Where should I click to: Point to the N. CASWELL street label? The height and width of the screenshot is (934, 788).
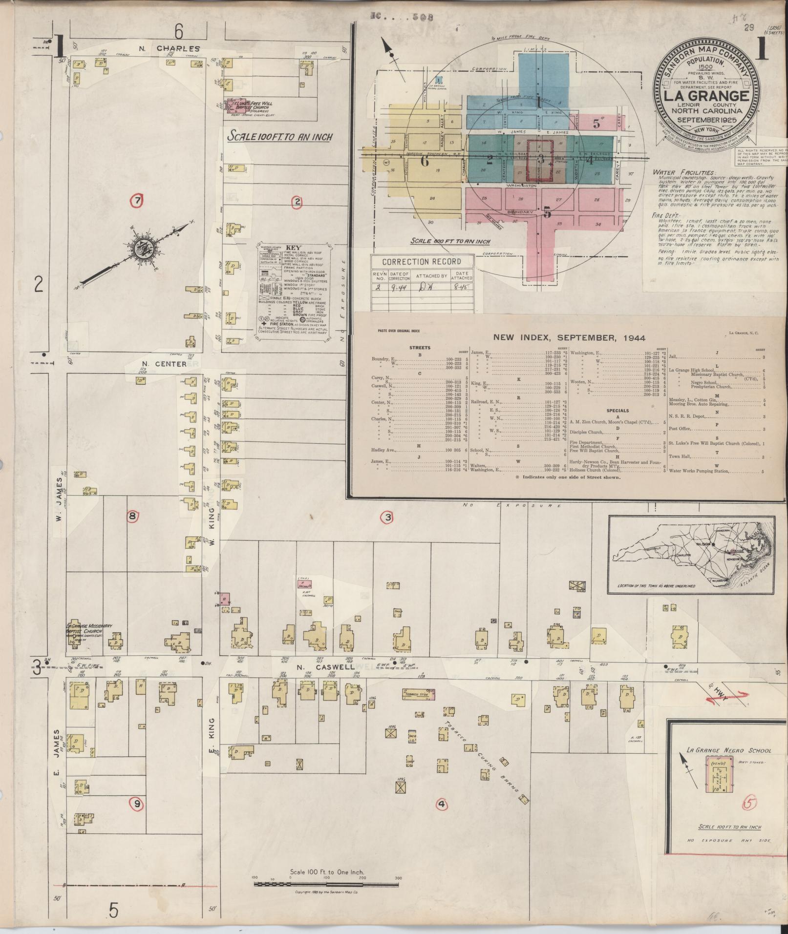(x=318, y=667)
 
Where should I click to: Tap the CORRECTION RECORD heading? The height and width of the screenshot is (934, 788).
(x=422, y=261)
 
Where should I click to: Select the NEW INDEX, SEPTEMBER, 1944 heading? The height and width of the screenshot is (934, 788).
(x=569, y=337)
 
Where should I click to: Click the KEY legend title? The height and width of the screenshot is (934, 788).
(x=291, y=248)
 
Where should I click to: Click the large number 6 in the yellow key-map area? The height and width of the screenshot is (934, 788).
(x=425, y=161)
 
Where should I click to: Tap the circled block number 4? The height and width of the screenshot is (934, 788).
(x=441, y=804)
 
